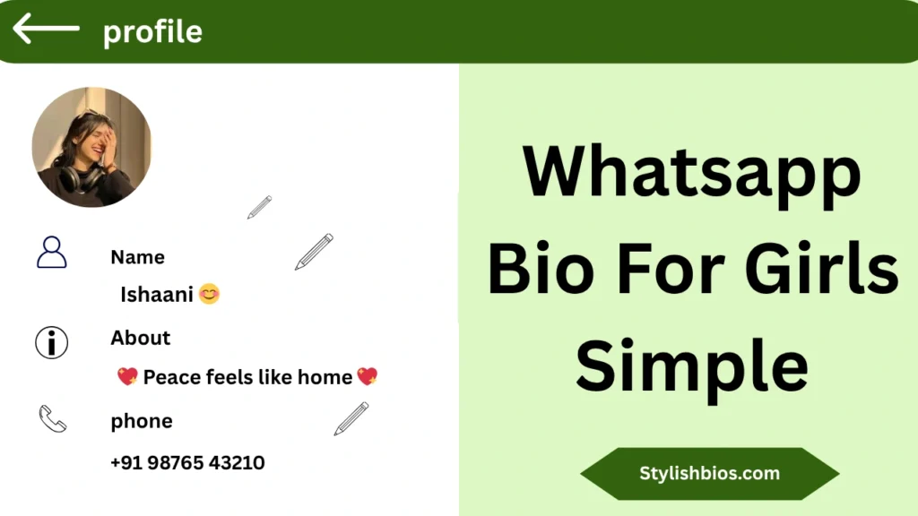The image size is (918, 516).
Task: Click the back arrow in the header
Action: [x=46, y=29]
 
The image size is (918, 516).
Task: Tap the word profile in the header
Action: [x=152, y=32]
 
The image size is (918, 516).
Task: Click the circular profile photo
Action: [x=91, y=147]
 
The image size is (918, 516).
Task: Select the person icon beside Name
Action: [x=52, y=253]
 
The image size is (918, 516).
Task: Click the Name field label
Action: [x=137, y=257]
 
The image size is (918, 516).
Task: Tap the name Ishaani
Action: [x=157, y=294]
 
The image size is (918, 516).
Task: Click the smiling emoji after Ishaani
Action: [x=209, y=293]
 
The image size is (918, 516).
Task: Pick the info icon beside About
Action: [x=52, y=342]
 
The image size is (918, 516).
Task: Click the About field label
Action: [x=140, y=338]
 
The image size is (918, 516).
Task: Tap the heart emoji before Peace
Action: [x=127, y=377]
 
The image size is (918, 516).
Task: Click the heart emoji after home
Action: [x=368, y=376]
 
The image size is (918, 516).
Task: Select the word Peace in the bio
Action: [x=172, y=377]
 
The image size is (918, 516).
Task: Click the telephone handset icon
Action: [x=52, y=418]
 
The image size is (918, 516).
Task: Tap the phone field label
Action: [x=142, y=421]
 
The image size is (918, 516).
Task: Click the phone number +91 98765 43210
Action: [x=187, y=463]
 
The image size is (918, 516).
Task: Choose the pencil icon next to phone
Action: [x=351, y=418]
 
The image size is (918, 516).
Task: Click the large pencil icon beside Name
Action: [x=314, y=252]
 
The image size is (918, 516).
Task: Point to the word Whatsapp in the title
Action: [x=692, y=176]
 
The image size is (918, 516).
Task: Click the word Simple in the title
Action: [x=691, y=365]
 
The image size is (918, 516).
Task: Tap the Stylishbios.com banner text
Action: [x=709, y=474]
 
